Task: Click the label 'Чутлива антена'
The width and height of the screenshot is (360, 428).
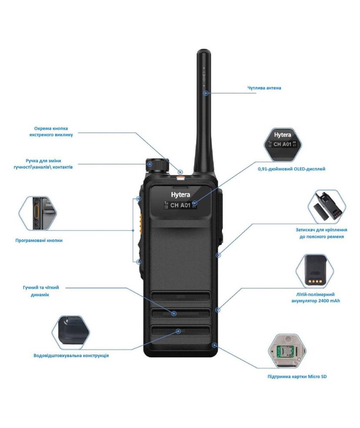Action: click(264, 88)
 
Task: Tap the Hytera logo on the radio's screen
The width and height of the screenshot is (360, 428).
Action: click(180, 194)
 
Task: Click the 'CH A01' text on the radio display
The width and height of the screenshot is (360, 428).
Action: click(180, 205)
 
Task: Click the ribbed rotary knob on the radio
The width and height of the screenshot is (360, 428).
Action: click(157, 165)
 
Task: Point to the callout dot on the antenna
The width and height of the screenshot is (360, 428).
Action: click(206, 93)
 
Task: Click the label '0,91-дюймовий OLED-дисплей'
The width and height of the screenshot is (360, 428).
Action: click(291, 169)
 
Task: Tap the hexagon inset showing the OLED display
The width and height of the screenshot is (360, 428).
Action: click(283, 144)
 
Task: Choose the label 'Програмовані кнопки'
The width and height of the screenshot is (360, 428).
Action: click(39, 241)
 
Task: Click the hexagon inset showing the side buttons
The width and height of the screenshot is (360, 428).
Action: click(38, 213)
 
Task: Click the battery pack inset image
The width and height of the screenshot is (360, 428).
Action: click(315, 271)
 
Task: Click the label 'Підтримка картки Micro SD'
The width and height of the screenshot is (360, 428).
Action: click(297, 377)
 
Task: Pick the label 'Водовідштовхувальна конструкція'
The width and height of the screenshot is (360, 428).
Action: click(71, 356)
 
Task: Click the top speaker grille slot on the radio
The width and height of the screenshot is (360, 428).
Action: click(180, 297)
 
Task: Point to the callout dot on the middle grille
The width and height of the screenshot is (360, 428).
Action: click(173, 314)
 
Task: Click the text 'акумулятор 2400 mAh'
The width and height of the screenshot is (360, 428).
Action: click(316, 301)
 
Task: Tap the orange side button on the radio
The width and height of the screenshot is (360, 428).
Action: click(140, 224)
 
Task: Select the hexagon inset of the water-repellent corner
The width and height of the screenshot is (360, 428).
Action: click(71, 332)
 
